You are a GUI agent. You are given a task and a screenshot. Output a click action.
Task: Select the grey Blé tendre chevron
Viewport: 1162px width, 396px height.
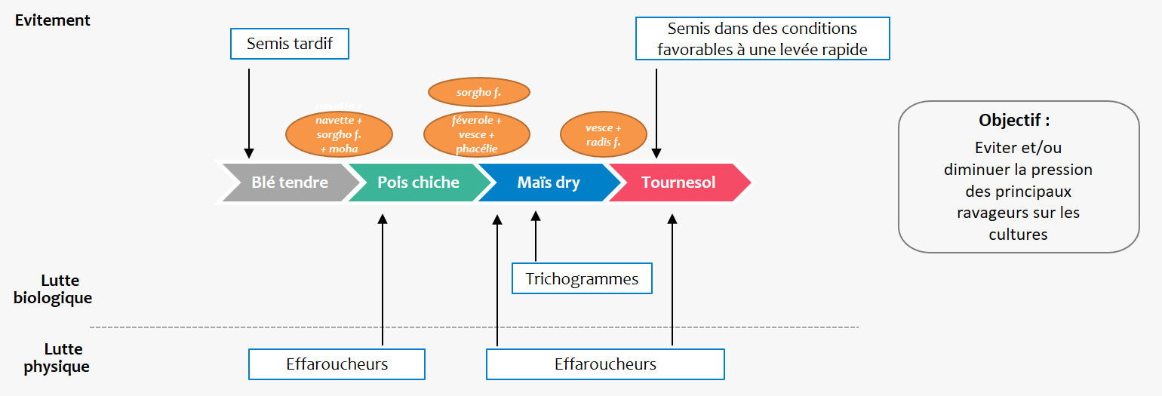point(289,183)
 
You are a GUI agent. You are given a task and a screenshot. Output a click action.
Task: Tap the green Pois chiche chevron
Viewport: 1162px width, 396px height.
point(418,183)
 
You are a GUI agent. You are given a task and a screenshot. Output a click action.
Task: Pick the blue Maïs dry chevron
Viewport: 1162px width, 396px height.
point(548,183)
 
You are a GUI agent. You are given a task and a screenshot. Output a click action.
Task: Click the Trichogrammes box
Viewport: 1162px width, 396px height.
point(582,279)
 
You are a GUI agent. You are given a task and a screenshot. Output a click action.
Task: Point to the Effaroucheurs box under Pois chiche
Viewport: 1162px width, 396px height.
point(337,364)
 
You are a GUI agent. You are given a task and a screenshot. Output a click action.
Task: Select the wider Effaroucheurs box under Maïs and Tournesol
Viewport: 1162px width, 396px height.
point(605,364)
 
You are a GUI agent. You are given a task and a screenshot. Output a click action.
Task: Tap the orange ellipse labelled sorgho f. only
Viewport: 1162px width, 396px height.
point(479,94)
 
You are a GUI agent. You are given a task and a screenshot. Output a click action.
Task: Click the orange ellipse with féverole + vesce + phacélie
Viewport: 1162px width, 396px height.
point(477,134)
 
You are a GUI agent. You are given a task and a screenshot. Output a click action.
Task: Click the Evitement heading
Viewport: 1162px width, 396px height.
point(53,20)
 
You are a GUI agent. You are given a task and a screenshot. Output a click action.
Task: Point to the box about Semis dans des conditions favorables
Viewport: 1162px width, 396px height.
point(762,39)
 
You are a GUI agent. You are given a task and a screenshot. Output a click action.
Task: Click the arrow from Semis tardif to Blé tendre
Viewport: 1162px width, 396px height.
point(249,113)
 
